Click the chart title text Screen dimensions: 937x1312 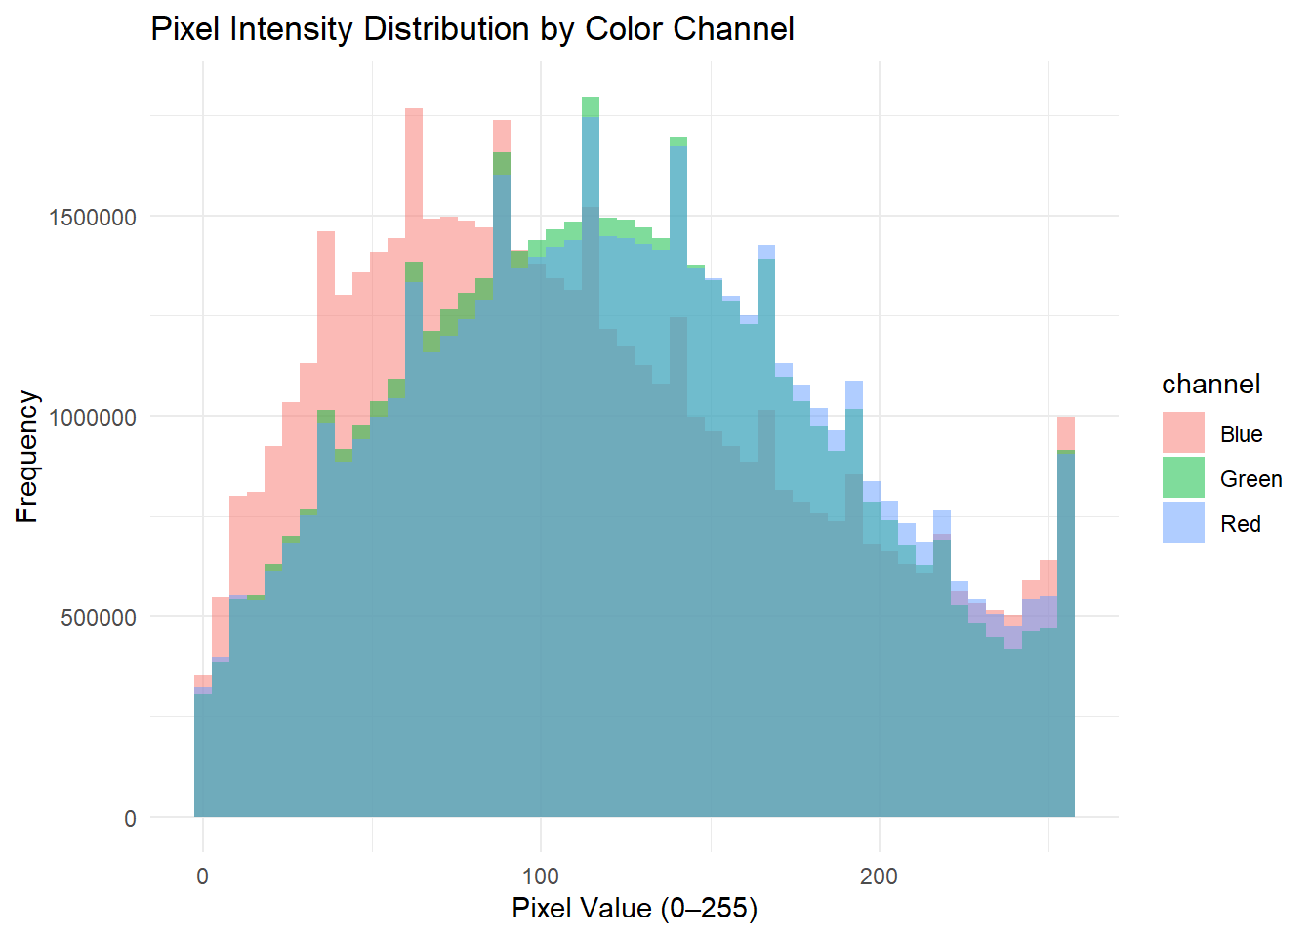click(x=472, y=29)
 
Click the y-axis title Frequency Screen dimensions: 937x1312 click(x=27, y=457)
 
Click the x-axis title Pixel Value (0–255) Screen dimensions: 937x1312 click(x=635, y=909)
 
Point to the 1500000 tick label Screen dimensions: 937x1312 click(x=93, y=217)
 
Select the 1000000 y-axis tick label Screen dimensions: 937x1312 click(x=93, y=417)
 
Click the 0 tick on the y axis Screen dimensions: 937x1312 click(x=130, y=819)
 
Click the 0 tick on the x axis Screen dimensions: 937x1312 click(x=202, y=876)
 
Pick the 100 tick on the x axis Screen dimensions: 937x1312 click(x=541, y=876)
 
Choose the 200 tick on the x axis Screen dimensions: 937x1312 click(x=879, y=876)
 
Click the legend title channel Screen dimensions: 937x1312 click(x=1210, y=385)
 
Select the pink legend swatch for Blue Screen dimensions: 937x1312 click(x=1183, y=433)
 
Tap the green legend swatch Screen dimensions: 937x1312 click(x=1183, y=478)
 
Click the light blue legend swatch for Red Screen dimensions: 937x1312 click(x=1183, y=523)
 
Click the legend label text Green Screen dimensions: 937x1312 click(x=1250, y=479)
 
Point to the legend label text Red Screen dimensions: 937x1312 click(x=1240, y=524)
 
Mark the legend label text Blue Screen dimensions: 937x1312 click(x=1241, y=434)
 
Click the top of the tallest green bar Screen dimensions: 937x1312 click(x=591, y=99)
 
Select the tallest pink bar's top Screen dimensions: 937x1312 click(x=414, y=109)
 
